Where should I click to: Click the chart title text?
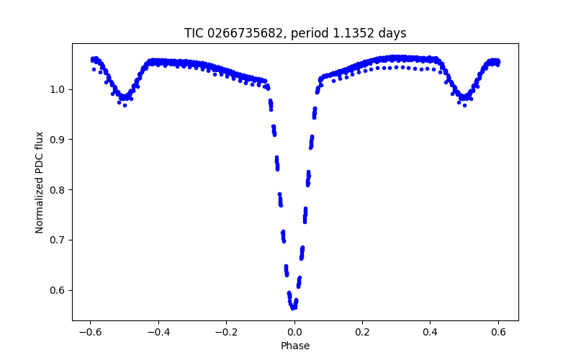tap(295, 33)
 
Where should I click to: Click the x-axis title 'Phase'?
tap(295, 346)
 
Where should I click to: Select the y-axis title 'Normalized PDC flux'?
tap(40, 182)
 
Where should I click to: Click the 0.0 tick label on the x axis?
tap(294, 332)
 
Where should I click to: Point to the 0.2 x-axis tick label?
tap(362, 332)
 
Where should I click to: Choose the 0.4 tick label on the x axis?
tap(431, 332)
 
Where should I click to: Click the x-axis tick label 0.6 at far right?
tap(498, 332)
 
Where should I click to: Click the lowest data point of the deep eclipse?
tap(294, 308)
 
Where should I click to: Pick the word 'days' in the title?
tap(391, 33)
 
